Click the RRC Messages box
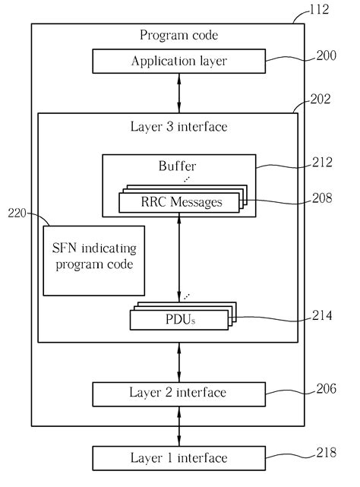click(178, 202)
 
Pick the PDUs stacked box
click(178, 319)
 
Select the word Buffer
click(178, 165)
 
